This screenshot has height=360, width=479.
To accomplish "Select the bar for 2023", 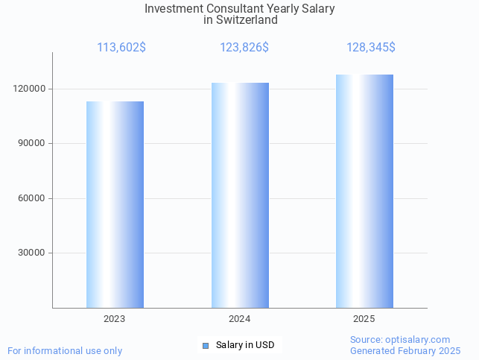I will [x=115, y=204].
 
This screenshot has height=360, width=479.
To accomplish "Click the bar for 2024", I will [x=240, y=195].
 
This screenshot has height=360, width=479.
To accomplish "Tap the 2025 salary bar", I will [x=364, y=191].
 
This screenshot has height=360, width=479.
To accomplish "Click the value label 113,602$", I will [x=121, y=48].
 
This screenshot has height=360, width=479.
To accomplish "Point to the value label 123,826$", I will [x=244, y=48].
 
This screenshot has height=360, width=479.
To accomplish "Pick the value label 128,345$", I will [x=370, y=48].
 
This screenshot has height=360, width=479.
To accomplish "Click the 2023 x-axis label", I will [x=115, y=319].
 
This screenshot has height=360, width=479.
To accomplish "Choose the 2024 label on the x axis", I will [x=239, y=319].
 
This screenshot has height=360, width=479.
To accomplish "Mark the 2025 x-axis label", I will [x=364, y=319].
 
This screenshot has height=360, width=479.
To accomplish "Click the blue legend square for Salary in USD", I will [x=206, y=345].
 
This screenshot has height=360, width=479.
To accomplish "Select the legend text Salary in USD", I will [x=245, y=345].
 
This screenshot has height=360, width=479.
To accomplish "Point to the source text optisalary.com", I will [x=418, y=339].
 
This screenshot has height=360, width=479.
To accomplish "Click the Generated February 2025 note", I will [x=405, y=350].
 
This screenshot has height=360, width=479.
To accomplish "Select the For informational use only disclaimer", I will [x=65, y=350].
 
